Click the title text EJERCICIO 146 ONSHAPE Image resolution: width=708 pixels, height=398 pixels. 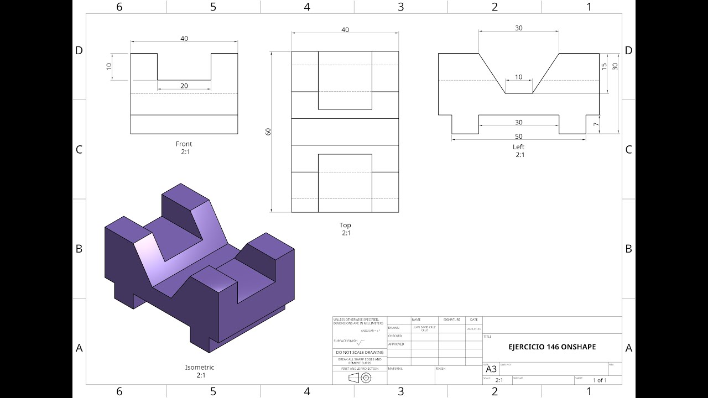click(552, 347)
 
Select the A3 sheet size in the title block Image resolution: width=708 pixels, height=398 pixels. click(491, 369)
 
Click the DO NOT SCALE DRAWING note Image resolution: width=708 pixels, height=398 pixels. click(360, 352)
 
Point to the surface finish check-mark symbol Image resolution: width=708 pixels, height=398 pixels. click(361, 342)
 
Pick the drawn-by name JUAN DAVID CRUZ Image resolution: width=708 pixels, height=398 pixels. click(424, 328)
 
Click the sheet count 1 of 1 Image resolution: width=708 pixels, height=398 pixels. click(600, 380)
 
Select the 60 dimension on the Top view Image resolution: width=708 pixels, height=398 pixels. click(268, 132)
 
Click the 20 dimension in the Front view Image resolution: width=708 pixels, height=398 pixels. click(184, 86)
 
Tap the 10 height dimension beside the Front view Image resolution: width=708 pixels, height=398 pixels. click(109, 66)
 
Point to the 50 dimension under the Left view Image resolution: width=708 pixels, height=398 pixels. click(518, 137)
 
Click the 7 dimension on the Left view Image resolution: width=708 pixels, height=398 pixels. click(596, 124)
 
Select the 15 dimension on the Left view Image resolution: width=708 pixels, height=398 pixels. click(604, 66)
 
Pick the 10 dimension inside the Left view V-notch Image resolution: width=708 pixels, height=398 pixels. click(518, 77)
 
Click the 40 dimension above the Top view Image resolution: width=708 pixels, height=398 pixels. click(345, 30)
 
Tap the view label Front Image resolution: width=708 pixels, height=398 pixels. click(184, 144)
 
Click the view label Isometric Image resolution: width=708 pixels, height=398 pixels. click(199, 367)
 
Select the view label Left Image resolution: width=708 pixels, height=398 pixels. click(518, 147)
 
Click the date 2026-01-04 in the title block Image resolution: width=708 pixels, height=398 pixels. click(474, 328)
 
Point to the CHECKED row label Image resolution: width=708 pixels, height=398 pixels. click(395, 336)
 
